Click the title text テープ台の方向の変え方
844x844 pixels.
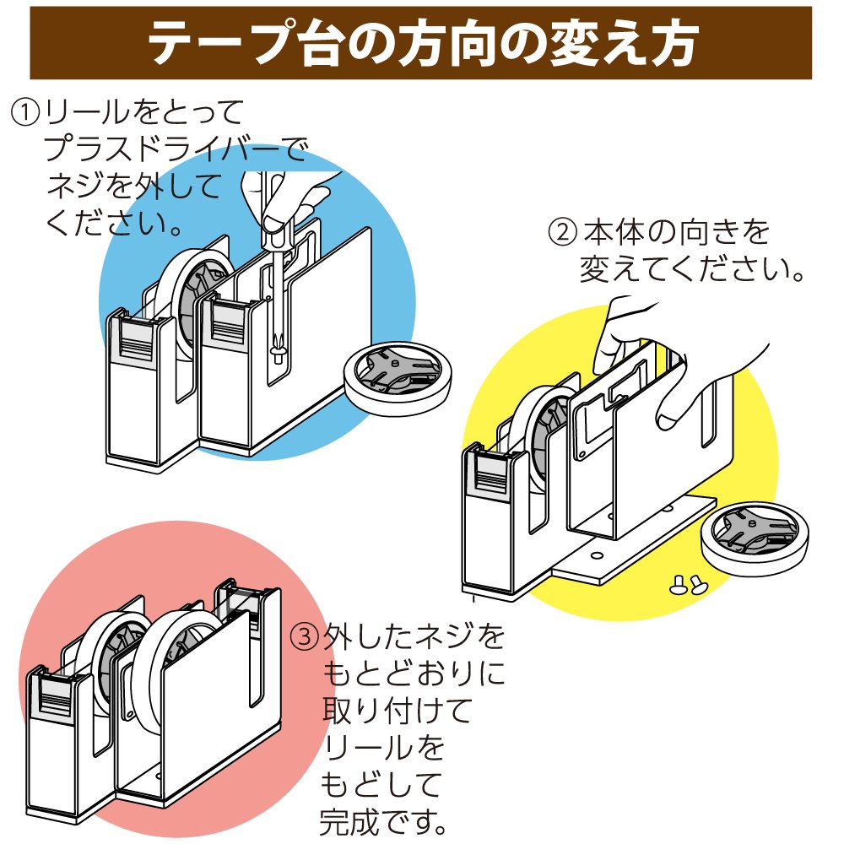tap(422, 45)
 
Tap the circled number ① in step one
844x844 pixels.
tap(26, 111)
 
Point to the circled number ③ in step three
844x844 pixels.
tap(304, 635)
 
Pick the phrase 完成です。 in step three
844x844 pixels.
tap(383, 817)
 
